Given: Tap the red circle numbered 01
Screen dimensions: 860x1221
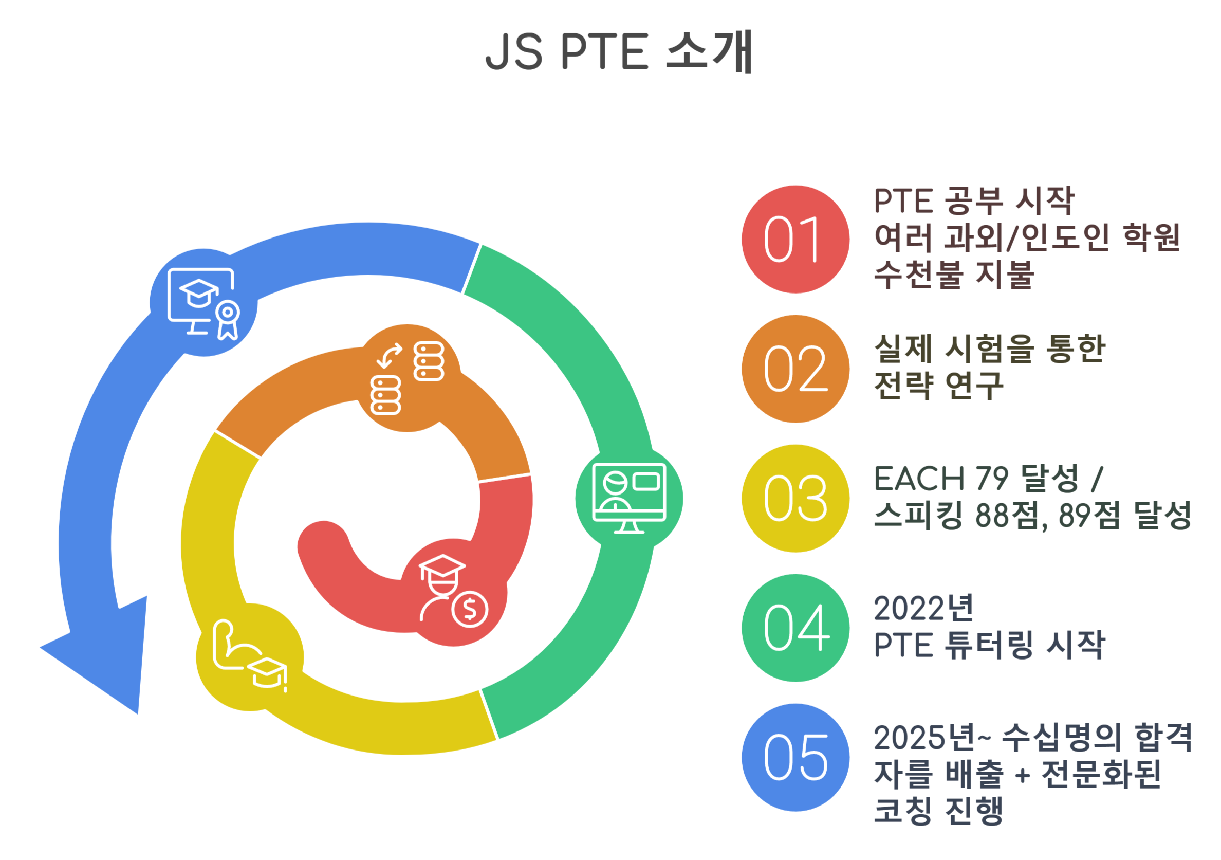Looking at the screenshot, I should (x=795, y=239).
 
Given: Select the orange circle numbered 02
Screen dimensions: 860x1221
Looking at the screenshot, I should (x=795, y=369).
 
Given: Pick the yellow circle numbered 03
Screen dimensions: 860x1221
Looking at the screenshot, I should (x=795, y=498).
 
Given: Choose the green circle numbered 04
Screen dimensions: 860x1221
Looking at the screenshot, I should (x=795, y=628).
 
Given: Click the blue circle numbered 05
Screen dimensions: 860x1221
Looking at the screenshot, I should (x=795, y=757).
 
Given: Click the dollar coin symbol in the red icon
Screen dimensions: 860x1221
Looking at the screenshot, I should (x=470, y=609).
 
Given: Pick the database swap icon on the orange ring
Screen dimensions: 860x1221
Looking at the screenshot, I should (x=407, y=378).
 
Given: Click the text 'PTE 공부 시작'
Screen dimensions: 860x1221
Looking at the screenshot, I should (x=974, y=202).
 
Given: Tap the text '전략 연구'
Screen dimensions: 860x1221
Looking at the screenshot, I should (x=938, y=386).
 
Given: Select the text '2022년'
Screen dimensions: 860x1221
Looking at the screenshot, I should (x=924, y=608).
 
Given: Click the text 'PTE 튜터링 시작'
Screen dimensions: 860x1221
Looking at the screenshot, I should (x=989, y=645).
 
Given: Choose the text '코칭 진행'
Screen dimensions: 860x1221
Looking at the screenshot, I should (x=938, y=811).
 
